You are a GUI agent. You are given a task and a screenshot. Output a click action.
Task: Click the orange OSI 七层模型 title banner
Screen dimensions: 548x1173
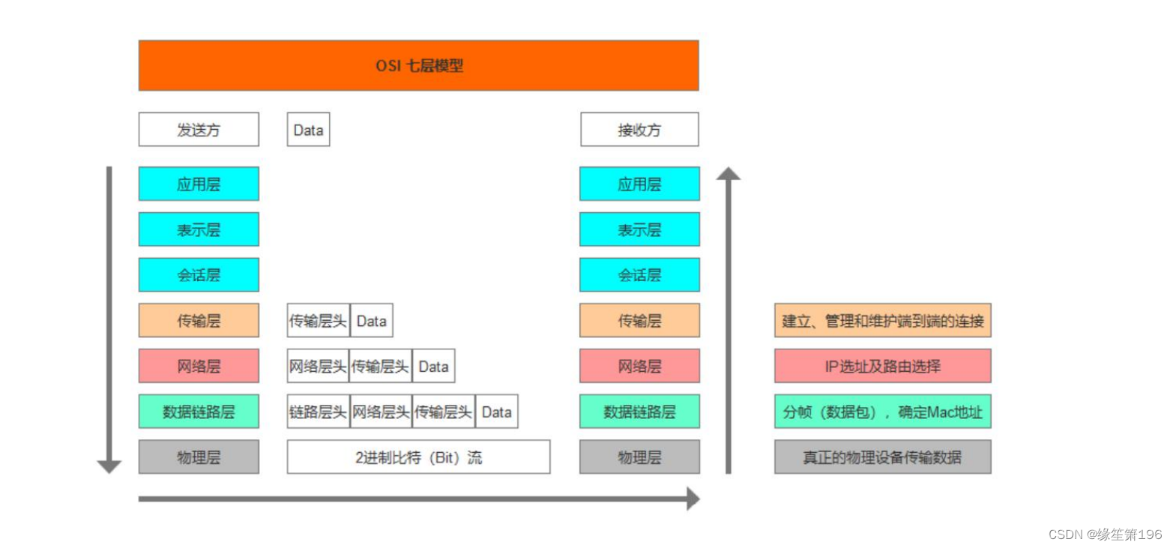(x=418, y=65)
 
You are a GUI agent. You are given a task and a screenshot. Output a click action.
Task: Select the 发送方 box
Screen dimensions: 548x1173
(x=199, y=130)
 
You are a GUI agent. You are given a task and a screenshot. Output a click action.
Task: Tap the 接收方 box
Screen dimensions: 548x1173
(x=639, y=130)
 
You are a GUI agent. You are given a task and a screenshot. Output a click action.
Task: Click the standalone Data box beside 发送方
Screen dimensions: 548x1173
(x=308, y=130)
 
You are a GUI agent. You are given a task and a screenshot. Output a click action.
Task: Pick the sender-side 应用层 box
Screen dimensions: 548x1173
(x=199, y=184)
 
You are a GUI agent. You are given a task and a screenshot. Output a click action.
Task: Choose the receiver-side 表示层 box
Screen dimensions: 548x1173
(x=639, y=229)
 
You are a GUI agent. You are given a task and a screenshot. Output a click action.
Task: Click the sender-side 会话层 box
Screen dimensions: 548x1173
(x=199, y=275)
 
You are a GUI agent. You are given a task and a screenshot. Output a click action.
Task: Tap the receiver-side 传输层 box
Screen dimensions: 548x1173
(x=639, y=321)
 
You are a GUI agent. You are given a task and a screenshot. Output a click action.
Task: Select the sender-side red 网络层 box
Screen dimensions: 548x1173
(x=199, y=366)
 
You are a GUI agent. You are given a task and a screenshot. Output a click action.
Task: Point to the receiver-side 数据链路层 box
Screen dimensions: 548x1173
(x=639, y=412)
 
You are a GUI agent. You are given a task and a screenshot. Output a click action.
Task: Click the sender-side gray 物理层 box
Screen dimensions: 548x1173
(x=199, y=457)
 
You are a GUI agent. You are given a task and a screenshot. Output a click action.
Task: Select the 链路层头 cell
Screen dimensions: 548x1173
(x=318, y=412)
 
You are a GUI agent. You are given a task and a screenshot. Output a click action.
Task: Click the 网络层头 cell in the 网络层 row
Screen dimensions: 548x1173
(x=318, y=366)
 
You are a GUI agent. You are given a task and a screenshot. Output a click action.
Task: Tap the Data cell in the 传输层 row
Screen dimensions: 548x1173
(x=371, y=321)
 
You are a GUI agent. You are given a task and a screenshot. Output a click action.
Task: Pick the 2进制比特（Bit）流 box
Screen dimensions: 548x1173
(x=418, y=457)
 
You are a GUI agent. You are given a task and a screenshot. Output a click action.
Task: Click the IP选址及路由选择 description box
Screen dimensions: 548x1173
(x=882, y=366)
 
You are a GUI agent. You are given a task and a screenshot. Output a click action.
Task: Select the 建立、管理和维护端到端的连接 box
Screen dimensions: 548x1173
(x=882, y=321)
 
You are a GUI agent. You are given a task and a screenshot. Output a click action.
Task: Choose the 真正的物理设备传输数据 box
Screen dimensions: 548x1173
(x=882, y=457)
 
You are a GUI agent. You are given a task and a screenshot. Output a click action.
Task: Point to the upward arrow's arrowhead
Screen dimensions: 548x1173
(x=728, y=174)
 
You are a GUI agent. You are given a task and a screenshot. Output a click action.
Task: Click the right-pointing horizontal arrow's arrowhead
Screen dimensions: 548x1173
(x=693, y=499)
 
